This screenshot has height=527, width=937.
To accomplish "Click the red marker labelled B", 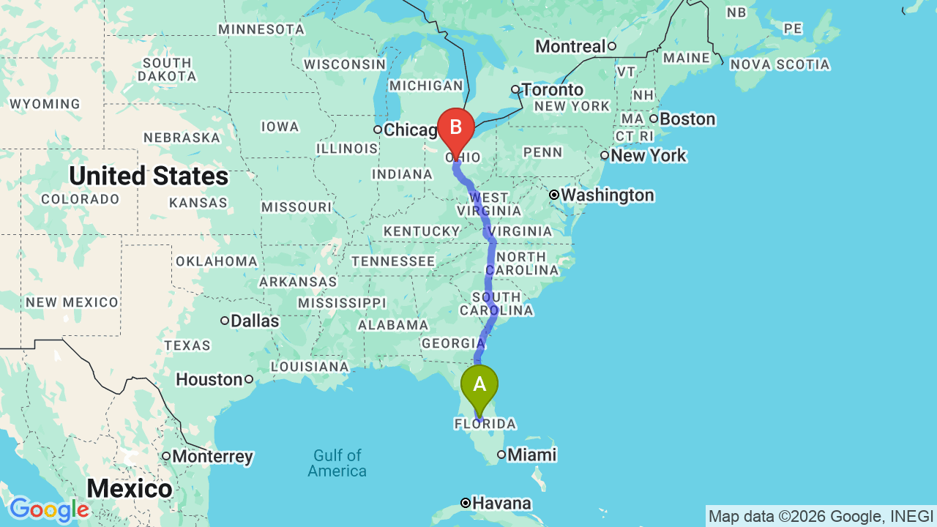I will (455, 128).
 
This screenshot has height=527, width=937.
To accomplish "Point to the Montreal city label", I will (570, 47).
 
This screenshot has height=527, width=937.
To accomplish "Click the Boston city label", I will (687, 119).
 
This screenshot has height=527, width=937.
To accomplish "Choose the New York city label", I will (648, 155).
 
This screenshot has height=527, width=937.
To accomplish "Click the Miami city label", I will (531, 455).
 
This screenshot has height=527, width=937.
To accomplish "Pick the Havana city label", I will (501, 504).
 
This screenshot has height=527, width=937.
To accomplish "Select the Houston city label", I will (209, 379).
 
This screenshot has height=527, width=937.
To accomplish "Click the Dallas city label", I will (255, 321).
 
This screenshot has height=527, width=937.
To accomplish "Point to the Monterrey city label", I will (212, 457).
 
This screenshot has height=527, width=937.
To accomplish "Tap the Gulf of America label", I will (337, 463).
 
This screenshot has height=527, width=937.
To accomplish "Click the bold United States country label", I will (149, 176).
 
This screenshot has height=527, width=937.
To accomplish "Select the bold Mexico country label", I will (130, 488).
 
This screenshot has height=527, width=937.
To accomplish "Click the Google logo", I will (49, 510).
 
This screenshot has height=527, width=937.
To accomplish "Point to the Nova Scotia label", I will (780, 64).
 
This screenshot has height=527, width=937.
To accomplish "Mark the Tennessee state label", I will (393, 261).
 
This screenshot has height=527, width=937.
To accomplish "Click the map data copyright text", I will (821, 516).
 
